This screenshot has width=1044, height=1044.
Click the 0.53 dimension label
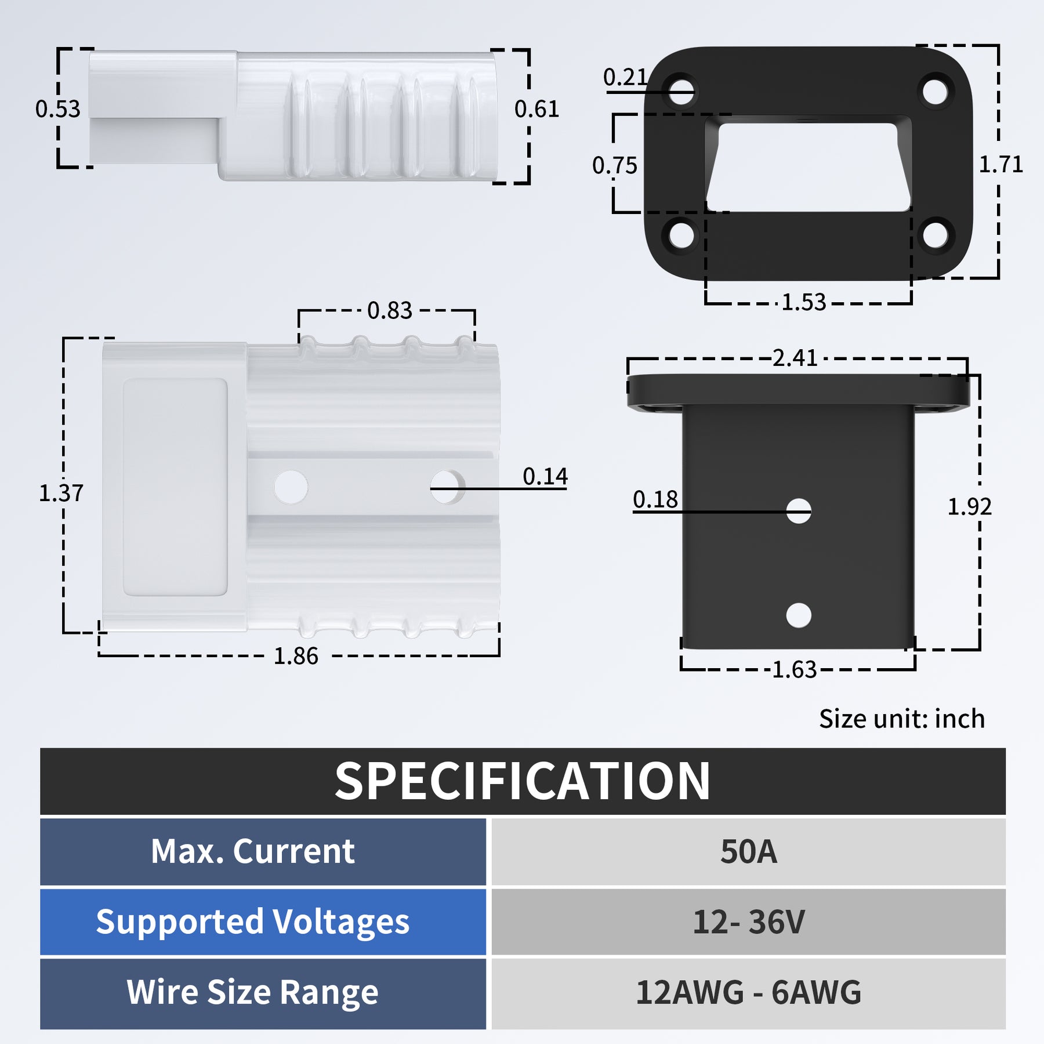click(x=57, y=109)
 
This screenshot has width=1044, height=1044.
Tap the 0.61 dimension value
click(x=536, y=109)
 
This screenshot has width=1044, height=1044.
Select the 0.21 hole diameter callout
click(x=625, y=77)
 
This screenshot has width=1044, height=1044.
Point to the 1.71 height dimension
click(x=1000, y=165)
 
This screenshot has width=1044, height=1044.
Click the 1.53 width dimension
click(x=803, y=302)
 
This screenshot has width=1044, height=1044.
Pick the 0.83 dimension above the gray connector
click(x=389, y=311)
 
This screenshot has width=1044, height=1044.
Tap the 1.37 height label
click(x=61, y=493)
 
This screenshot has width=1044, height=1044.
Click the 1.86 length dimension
click(x=296, y=656)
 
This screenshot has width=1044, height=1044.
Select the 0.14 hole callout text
click(x=545, y=476)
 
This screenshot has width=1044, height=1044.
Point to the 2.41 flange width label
click(x=795, y=358)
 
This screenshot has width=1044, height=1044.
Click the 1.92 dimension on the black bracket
click(x=969, y=507)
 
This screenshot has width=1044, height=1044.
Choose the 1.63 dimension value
click(x=794, y=670)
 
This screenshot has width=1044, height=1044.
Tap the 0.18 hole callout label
click(x=655, y=499)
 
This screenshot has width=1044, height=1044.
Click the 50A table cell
click(x=748, y=851)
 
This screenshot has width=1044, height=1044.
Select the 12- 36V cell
click(x=748, y=922)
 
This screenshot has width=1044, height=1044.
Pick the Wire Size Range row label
click(x=252, y=992)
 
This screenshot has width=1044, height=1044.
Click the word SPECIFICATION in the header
click(x=522, y=781)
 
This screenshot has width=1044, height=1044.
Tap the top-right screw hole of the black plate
click(x=935, y=91)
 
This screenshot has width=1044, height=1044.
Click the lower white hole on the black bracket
click(x=799, y=615)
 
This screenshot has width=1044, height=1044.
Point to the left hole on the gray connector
click(x=291, y=487)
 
